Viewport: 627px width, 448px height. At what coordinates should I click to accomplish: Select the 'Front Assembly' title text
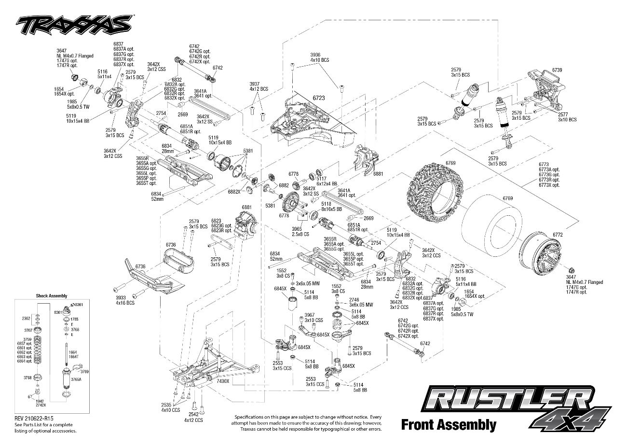click(448, 425)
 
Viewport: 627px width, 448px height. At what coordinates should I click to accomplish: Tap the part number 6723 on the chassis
click(318, 98)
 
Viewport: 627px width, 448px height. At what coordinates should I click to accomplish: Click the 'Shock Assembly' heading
click(52, 296)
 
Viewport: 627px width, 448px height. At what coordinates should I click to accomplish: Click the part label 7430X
click(223, 381)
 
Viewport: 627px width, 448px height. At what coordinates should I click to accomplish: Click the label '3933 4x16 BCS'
click(124, 300)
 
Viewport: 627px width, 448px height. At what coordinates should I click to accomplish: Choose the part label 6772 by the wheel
click(558, 234)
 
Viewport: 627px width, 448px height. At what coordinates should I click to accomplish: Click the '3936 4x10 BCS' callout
click(319, 57)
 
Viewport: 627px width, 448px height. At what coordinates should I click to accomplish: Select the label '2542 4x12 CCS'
click(193, 417)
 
